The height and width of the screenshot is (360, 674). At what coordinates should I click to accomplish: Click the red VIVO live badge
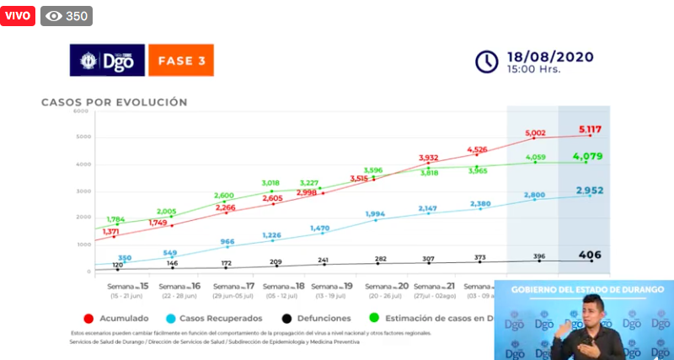[x=19, y=16]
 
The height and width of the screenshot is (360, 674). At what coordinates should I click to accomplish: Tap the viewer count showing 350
[x=67, y=16]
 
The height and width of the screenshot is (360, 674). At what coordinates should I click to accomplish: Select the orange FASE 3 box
[x=180, y=62]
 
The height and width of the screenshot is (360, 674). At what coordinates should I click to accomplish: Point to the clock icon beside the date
[x=487, y=62]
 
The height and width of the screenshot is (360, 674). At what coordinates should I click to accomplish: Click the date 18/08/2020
[x=550, y=56]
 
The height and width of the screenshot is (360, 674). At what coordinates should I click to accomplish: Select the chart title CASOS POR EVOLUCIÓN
[x=115, y=102]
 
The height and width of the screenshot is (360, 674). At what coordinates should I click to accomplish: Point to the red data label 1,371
[x=111, y=232]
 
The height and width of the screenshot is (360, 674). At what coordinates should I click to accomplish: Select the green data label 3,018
[x=270, y=182]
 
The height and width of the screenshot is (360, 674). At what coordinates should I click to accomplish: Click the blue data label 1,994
[x=377, y=214]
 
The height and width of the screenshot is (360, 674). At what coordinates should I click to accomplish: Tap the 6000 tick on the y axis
[x=81, y=110]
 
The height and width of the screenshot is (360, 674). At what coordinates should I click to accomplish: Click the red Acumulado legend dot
[x=88, y=319]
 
